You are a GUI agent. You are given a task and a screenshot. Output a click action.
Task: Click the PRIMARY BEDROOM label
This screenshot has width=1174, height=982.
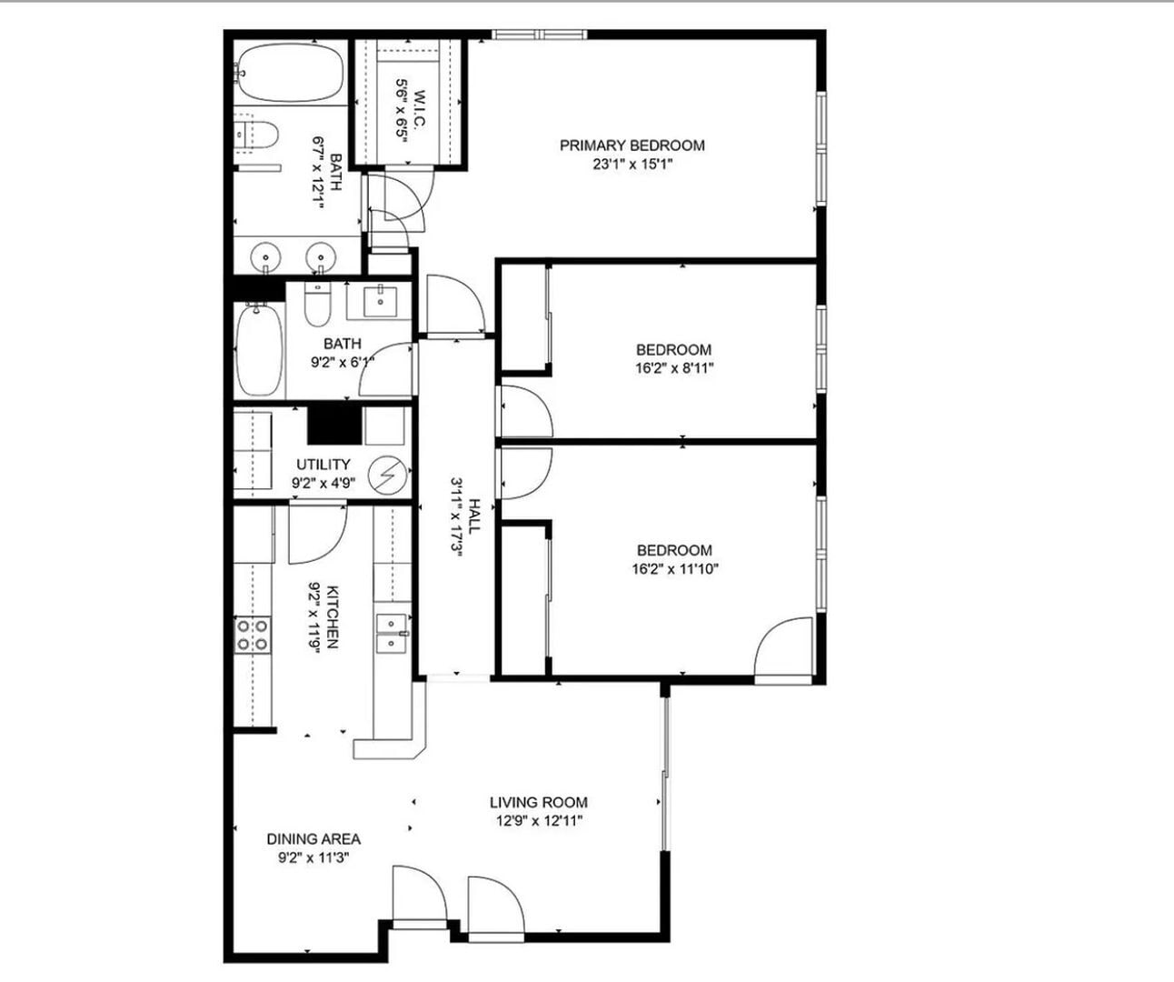(632, 145)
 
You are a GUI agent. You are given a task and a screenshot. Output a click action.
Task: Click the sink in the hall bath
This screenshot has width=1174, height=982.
(378, 299)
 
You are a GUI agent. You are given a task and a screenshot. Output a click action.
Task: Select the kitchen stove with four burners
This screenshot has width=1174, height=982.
(253, 635)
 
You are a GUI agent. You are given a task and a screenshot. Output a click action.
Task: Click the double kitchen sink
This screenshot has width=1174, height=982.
(393, 634)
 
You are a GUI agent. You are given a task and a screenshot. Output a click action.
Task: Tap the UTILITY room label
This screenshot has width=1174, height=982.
(323, 465)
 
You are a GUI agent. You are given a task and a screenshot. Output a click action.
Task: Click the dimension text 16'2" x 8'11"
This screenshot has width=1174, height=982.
(672, 369)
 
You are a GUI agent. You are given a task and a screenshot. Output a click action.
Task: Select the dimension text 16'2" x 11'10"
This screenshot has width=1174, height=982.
(673, 570)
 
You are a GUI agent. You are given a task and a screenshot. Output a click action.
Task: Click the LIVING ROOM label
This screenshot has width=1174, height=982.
(538, 802)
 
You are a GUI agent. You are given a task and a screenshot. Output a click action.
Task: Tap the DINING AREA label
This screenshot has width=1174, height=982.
(313, 838)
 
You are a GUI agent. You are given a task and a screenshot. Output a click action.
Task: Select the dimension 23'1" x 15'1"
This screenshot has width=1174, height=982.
(632, 165)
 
